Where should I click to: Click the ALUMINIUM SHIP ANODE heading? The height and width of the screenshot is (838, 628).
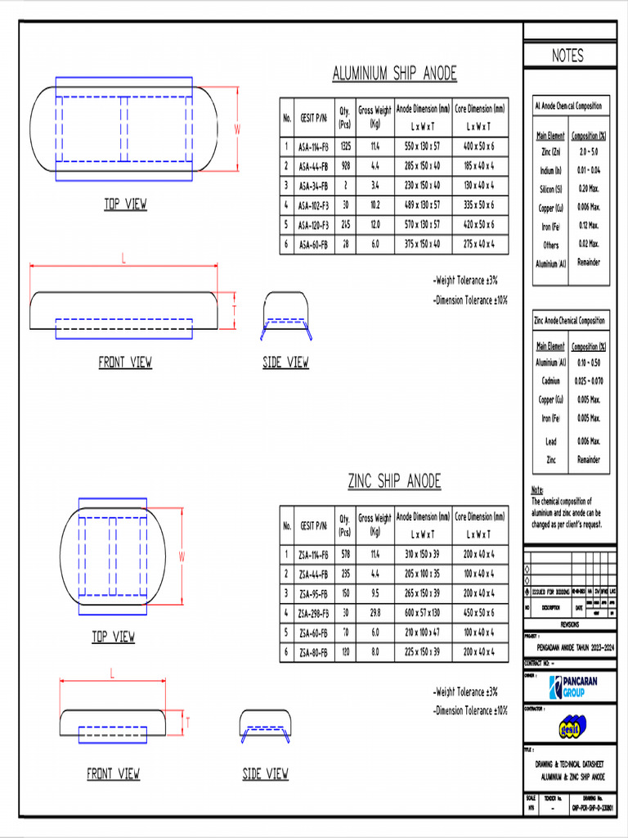[394, 74]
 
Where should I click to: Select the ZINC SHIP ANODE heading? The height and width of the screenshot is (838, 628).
[394, 480]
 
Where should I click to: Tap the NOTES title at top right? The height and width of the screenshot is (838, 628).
[567, 56]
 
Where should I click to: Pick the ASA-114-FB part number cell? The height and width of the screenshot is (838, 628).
[313, 146]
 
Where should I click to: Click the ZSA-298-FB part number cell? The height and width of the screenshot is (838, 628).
[313, 613]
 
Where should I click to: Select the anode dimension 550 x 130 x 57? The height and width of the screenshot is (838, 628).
[422, 146]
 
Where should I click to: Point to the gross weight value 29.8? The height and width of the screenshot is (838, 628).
[375, 613]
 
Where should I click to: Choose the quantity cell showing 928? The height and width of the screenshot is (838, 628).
[345, 166]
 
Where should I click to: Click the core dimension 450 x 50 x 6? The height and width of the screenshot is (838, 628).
[478, 613]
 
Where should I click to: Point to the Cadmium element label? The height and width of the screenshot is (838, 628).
[550, 381]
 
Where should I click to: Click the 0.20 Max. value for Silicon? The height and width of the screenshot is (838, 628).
[589, 188]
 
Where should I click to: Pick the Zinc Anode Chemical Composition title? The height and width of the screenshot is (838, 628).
[569, 321]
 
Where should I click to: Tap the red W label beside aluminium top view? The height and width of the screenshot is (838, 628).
[238, 129]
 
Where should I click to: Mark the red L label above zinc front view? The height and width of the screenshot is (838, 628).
[112, 672]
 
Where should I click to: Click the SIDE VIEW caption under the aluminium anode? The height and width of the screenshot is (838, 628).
[285, 363]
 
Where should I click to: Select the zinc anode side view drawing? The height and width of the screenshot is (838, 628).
[266, 726]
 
